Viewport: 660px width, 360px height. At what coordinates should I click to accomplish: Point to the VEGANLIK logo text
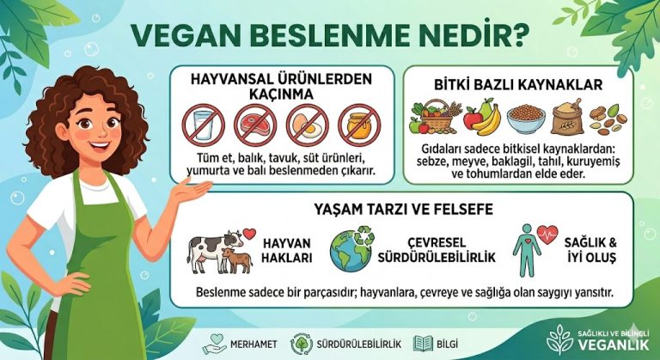(x=613, y=343)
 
